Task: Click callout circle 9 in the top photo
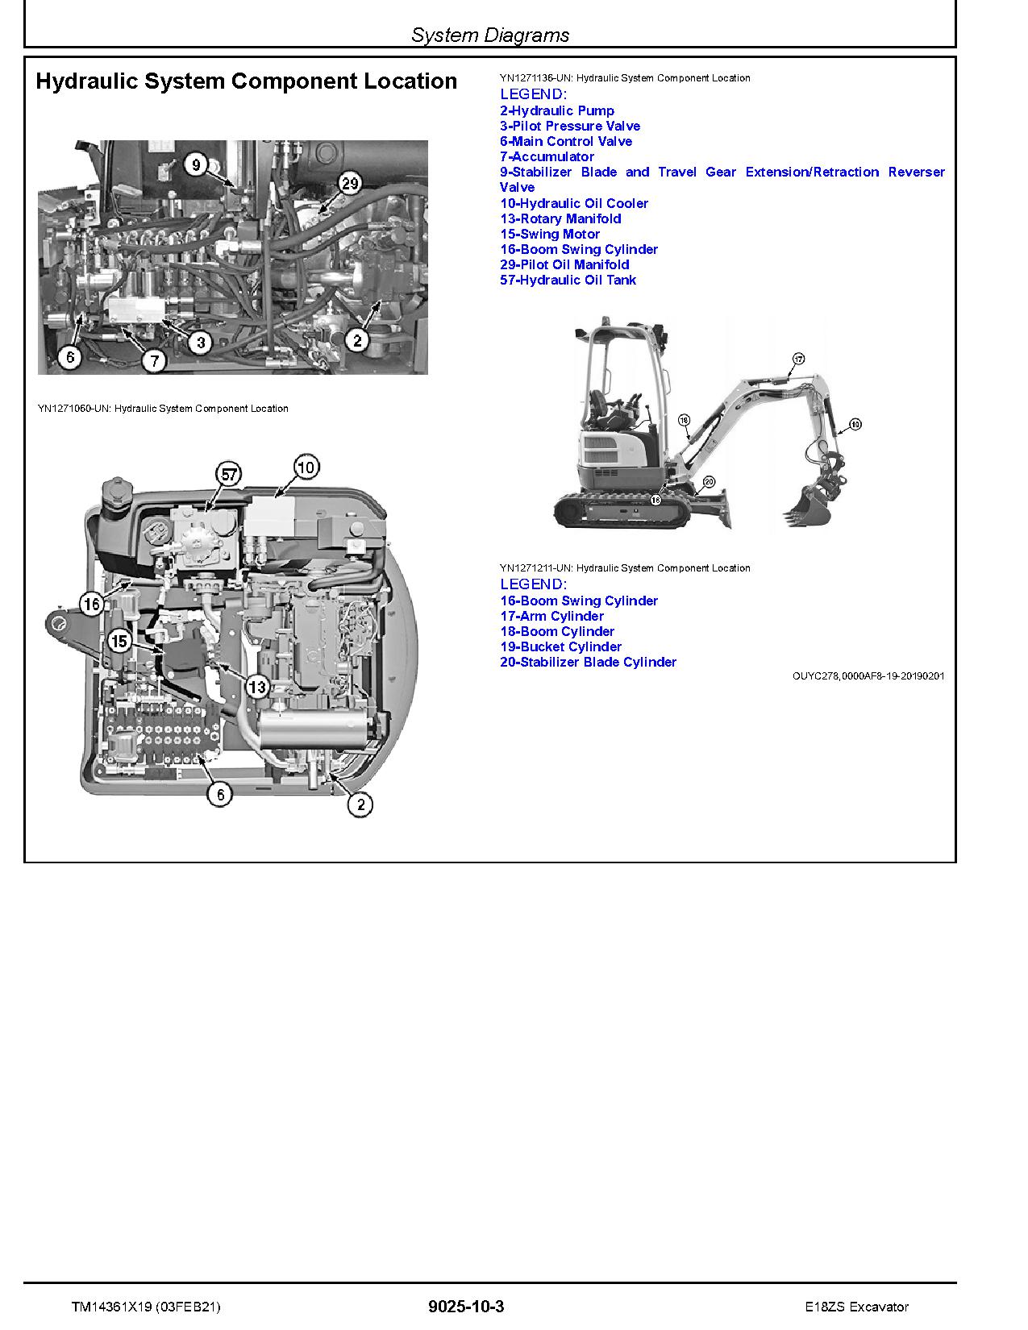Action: pyautogui.click(x=195, y=166)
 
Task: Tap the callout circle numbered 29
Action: pyautogui.click(x=349, y=184)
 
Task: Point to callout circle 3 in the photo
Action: pyautogui.click(x=201, y=343)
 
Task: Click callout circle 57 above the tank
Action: pyautogui.click(x=230, y=475)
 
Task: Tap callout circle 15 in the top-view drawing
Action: pyautogui.click(x=119, y=642)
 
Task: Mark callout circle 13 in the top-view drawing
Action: pyautogui.click(x=256, y=688)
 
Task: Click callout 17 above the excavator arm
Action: pyautogui.click(x=798, y=358)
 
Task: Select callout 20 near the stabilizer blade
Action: pyautogui.click(x=708, y=481)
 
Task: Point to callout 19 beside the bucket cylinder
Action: pyautogui.click(x=855, y=424)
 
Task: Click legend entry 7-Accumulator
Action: pyautogui.click(x=547, y=157)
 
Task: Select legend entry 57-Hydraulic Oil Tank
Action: pyautogui.click(x=568, y=281)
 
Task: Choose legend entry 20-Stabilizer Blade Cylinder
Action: pyautogui.click(x=588, y=663)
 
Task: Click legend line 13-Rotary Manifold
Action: pyautogui.click(x=560, y=219)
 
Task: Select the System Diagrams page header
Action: pyautogui.click(x=489, y=35)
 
